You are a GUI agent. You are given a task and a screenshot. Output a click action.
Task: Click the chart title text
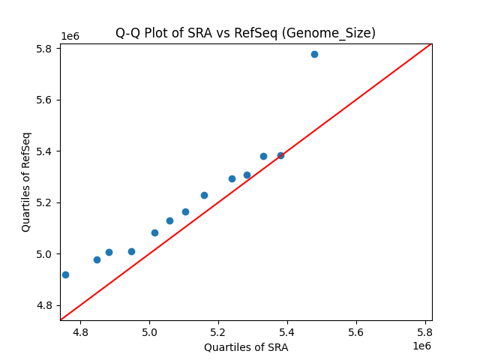point(245,33)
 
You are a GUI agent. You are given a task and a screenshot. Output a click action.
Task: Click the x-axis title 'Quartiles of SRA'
point(245,347)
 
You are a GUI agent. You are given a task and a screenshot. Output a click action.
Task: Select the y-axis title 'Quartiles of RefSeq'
point(26,181)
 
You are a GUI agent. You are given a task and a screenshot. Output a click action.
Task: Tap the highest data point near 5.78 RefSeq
point(314,54)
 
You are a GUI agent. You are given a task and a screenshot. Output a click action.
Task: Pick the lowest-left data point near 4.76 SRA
point(65,274)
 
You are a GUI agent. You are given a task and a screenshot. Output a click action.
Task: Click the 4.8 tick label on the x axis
point(81,331)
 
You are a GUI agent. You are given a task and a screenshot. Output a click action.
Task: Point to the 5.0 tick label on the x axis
point(150,331)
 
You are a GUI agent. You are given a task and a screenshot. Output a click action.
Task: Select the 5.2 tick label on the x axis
point(218,331)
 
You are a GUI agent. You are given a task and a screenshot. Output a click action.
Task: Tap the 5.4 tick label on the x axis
point(287,331)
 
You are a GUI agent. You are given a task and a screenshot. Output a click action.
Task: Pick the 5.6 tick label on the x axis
point(356,331)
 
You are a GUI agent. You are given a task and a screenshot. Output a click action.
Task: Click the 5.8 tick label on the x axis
point(424,331)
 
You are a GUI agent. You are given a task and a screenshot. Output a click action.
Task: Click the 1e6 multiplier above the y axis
point(69,37)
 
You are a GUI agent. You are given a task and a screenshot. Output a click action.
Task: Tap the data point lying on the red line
point(280,155)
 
